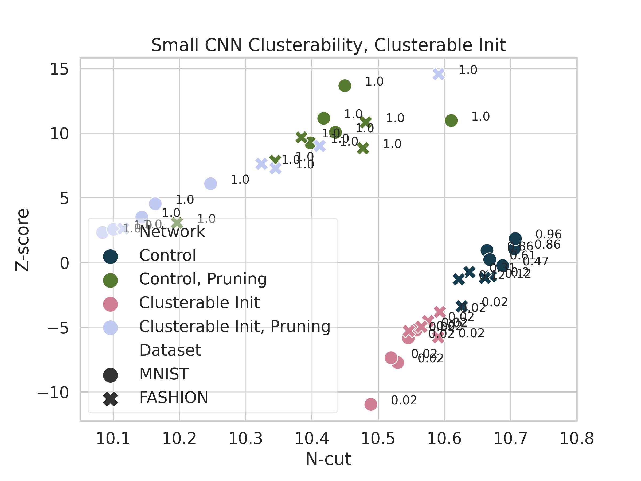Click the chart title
pos(328,45)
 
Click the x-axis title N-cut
pos(328,459)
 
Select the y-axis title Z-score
pos(23,240)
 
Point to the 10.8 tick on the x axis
pos(577,439)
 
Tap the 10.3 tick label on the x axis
pos(245,439)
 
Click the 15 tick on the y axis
pos(59,69)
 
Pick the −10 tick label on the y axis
pos(53,393)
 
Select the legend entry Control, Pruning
pos(202,279)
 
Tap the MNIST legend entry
pos(164,374)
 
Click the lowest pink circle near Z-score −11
pos(371,404)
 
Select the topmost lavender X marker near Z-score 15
pos(439,74)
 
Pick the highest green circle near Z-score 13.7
pos(345,86)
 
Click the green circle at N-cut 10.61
pos(451,121)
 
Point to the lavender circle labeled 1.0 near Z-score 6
pos(210,184)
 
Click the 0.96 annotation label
pos(548,234)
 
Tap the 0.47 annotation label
pos(536,262)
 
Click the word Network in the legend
pos(172,232)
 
